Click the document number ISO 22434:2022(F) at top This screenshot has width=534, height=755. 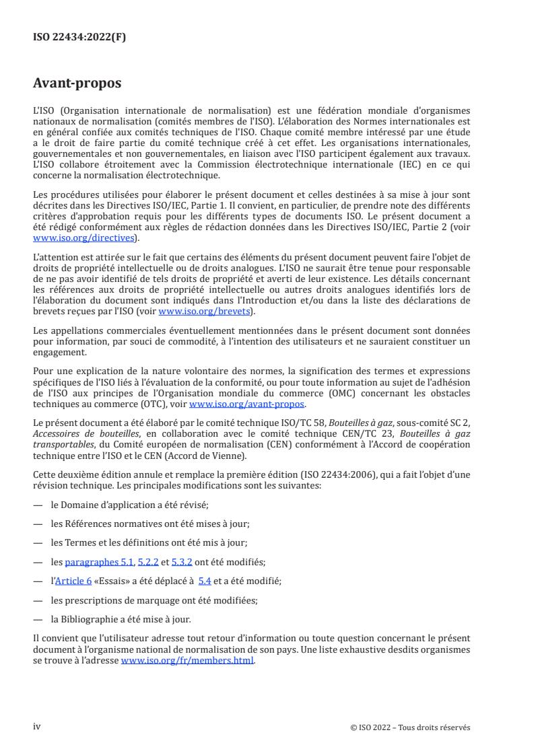[79, 38]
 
